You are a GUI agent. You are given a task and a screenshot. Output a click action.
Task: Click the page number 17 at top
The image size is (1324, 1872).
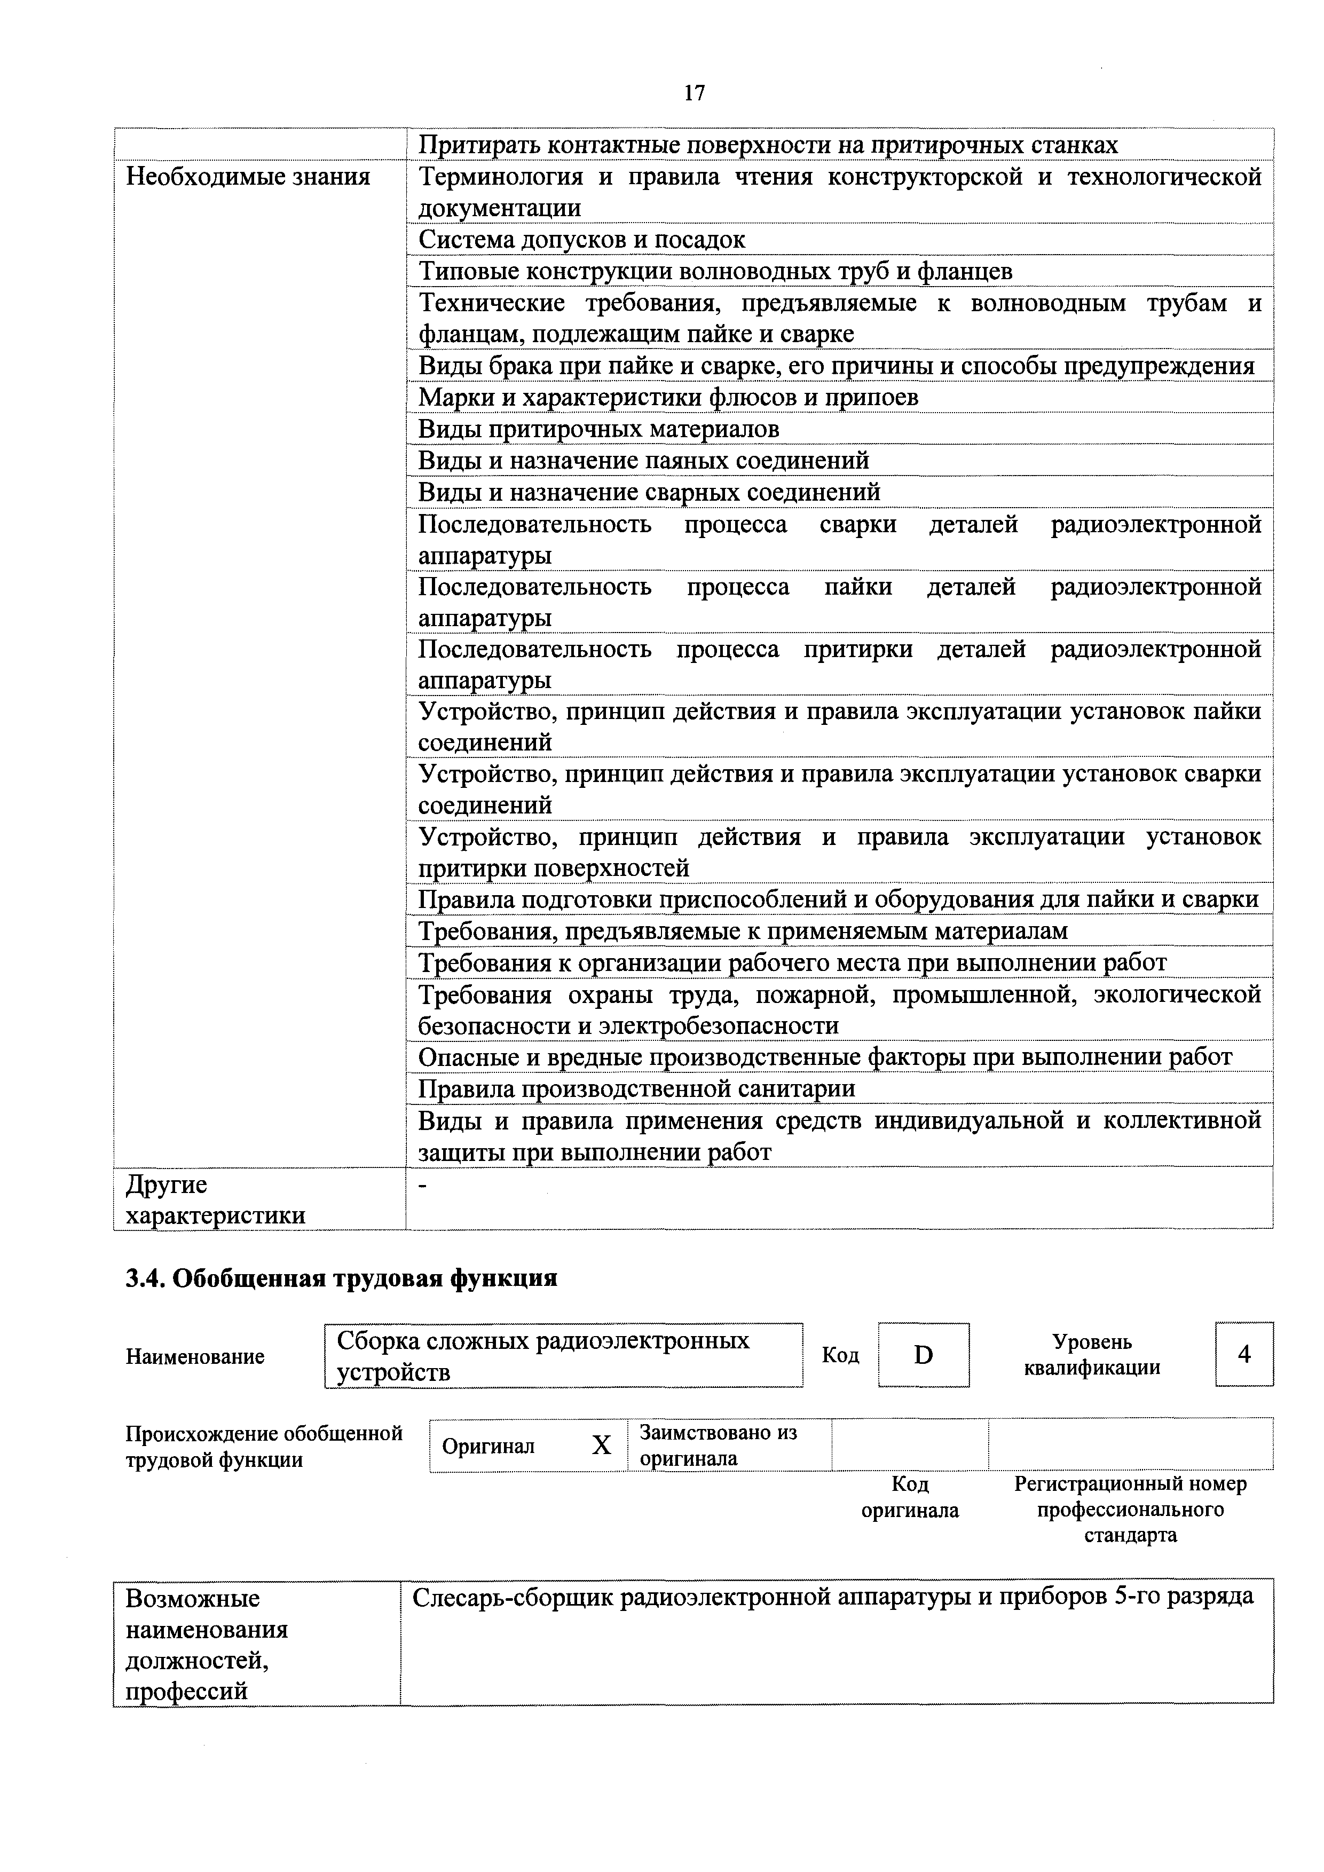point(694,93)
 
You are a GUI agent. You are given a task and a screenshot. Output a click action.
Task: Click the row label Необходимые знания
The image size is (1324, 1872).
point(248,177)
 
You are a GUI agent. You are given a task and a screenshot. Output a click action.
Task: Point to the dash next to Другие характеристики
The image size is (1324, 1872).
point(422,1186)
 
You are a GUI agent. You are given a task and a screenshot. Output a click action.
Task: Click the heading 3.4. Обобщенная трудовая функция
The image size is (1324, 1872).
point(341,1277)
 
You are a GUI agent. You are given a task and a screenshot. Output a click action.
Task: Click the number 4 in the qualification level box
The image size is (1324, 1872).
point(1243,1354)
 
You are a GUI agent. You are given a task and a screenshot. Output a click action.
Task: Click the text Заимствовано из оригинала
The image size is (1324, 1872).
point(718,1445)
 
